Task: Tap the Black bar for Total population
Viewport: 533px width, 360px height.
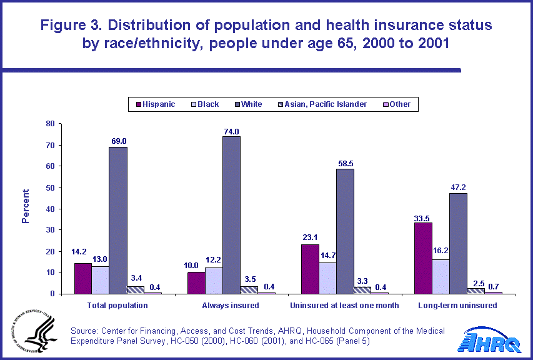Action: pos(100,280)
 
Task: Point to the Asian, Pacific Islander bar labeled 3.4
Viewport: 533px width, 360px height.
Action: pos(136,289)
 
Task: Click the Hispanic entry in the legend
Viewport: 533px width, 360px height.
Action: pos(154,104)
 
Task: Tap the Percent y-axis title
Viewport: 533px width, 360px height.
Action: pos(26,206)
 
